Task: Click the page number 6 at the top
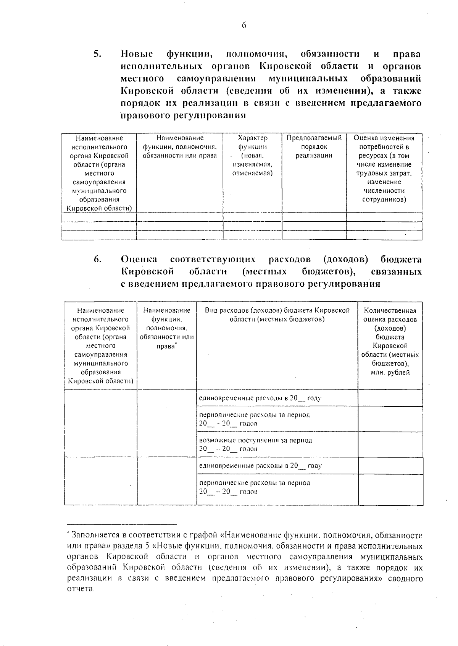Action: click(244, 26)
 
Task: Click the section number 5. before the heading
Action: click(97, 54)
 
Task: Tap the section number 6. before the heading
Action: click(97, 260)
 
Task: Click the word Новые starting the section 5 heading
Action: click(137, 54)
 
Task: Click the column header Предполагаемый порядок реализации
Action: click(314, 147)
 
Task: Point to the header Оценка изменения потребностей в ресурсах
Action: click(384, 169)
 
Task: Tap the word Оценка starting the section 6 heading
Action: click(139, 260)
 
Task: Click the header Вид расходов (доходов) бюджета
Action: click(277, 315)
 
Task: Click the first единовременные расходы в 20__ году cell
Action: click(260, 398)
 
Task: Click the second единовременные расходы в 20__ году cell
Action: click(260, 466)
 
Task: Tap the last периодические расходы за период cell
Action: click(255, 487)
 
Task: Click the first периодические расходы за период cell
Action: click(255, 419)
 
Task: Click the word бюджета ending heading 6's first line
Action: click(401, 260)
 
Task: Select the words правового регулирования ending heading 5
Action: click(183, 115)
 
